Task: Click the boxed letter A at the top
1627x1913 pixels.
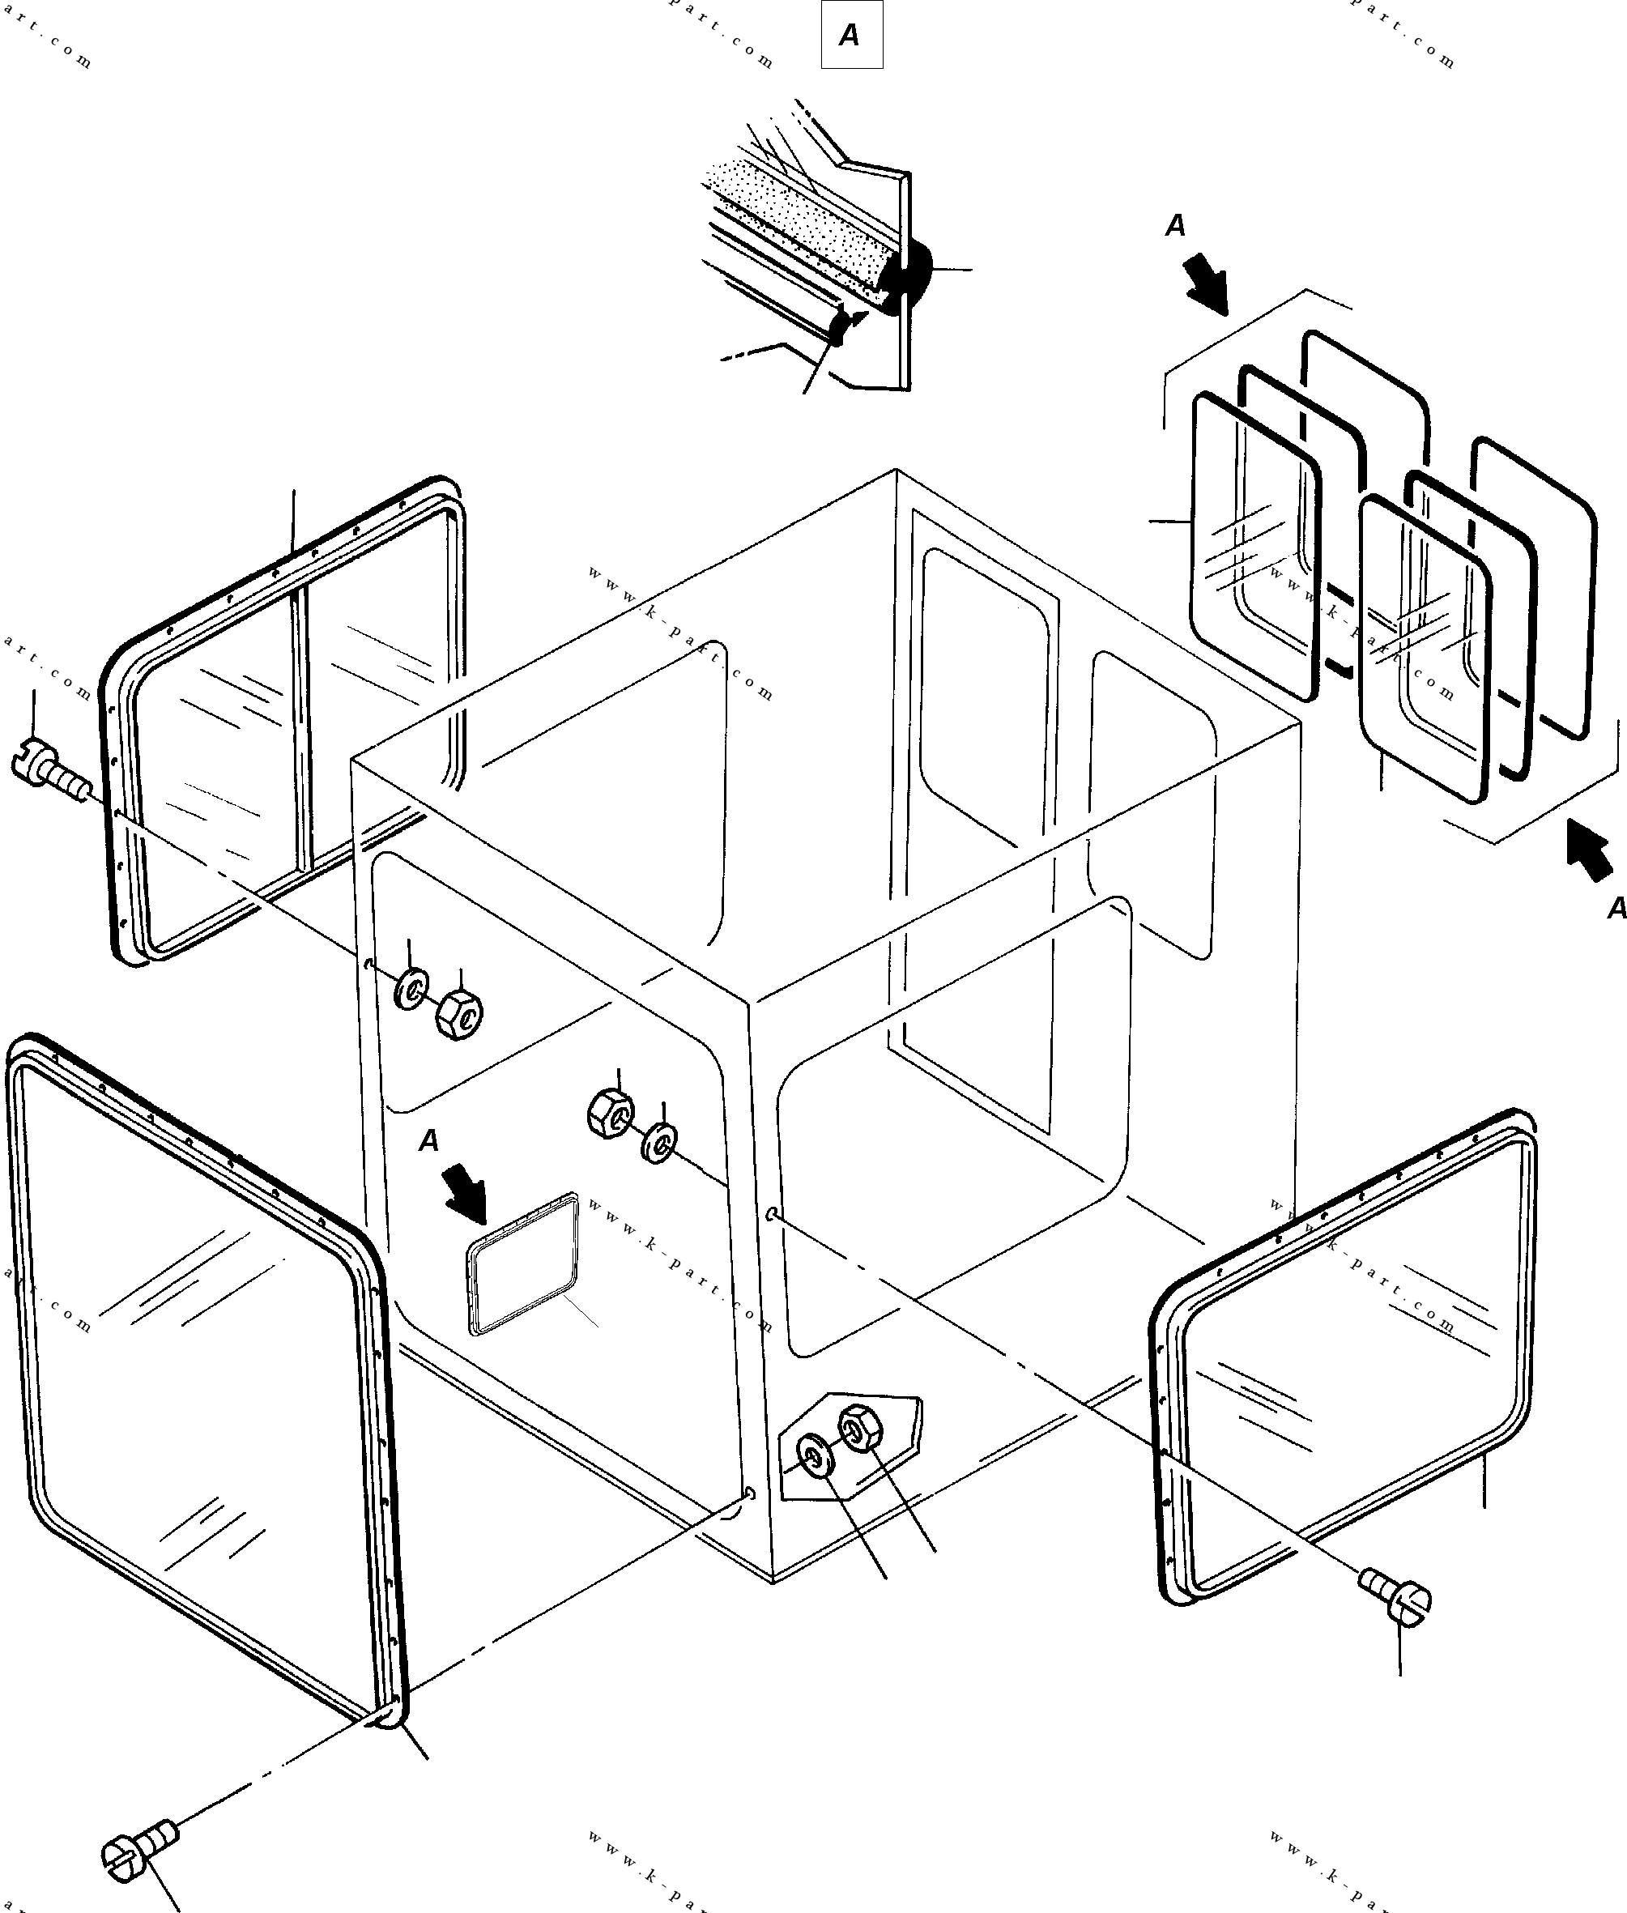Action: click(x=850, y=35)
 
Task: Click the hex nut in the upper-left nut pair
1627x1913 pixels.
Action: click(x=458, y=1016)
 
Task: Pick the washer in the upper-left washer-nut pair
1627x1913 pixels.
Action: click(x=411, y=990)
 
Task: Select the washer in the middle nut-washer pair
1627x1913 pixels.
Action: click(x=659, y=1143)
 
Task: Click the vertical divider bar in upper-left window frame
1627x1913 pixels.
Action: click(x=300, y=729)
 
